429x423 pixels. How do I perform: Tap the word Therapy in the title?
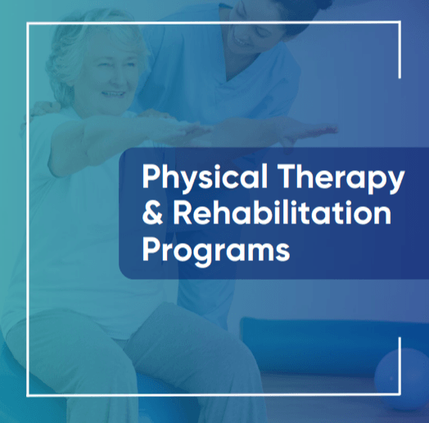341,178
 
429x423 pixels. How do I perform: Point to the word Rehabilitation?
282,213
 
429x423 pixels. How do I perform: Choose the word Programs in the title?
216,250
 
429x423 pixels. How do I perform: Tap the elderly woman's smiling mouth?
113,95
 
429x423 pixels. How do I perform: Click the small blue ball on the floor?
401,378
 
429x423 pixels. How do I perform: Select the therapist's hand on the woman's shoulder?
41,110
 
